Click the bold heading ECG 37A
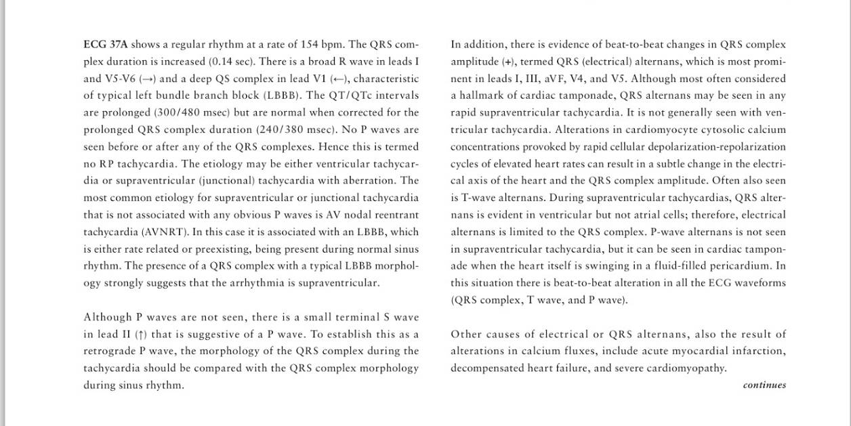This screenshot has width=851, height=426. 105,45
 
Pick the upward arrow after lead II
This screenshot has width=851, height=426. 140,335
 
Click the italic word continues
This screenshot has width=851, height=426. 764,385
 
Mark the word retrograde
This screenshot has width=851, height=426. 109,352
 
